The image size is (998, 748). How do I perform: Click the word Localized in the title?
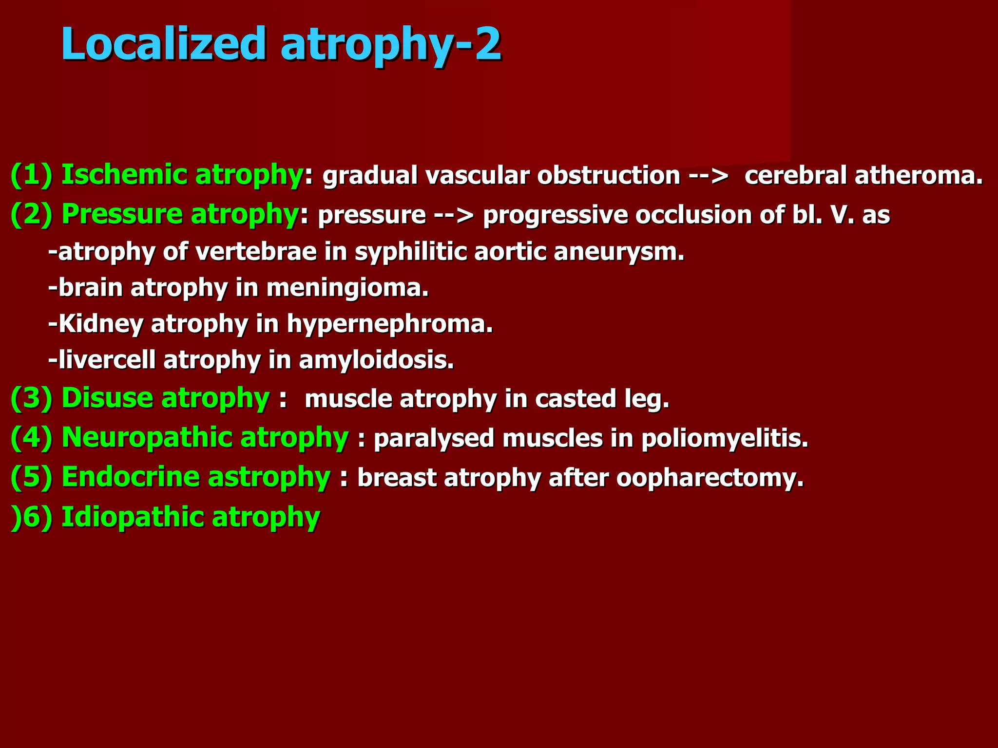pos(163,44)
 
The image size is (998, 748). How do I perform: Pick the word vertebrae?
pos(256,252)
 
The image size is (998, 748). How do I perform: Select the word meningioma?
pos(347,288)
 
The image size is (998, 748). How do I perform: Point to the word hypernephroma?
pos(390,324)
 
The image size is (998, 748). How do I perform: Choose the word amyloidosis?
pos(376,360)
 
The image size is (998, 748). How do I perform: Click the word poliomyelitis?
pos(725,438)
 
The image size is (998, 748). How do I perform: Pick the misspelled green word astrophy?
pos(269,477)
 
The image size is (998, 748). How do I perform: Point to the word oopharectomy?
pos(710,478)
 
